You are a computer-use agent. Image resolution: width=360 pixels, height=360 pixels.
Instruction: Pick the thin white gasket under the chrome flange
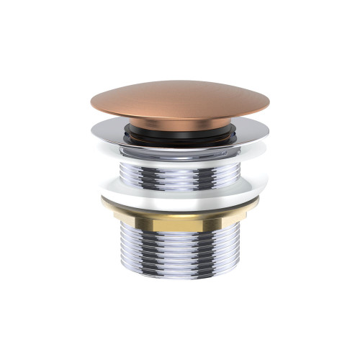click(180, 153)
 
